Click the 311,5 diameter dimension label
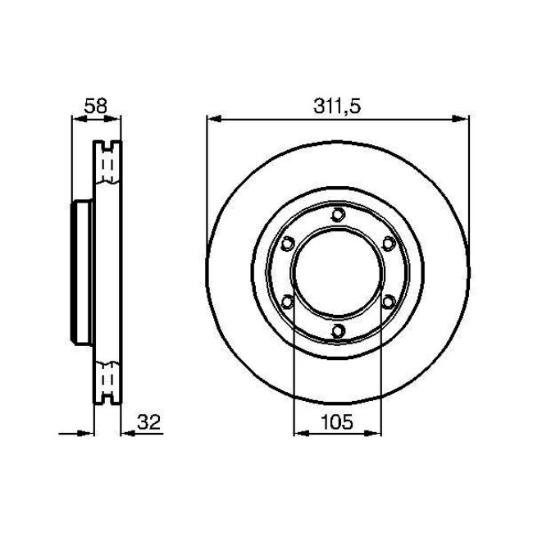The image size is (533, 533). [x=337, y=106]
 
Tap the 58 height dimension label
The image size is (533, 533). [x=95, y=106]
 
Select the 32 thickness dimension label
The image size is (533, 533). [x=148, y=422]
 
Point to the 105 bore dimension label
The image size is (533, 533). [x=337, y=422]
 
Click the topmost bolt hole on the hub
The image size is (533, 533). [x=338, y=215]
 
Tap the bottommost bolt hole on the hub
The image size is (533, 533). [x=338, y=330]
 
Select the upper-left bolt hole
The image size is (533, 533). [x=288, y=244]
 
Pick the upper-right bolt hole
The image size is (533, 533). [x=389, y=244]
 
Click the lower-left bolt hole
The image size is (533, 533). [x=288, y=301]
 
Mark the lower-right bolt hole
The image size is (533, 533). [x=389, y=301]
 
